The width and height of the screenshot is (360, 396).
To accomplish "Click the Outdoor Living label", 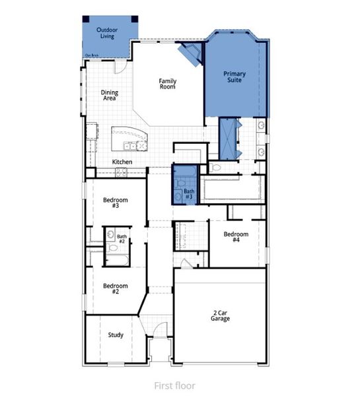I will point(106,33).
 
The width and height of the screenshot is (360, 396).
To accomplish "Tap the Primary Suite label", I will point(234,77).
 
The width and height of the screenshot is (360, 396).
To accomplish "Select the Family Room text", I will point(168,84).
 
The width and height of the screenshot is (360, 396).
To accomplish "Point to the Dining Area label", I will point(109,95).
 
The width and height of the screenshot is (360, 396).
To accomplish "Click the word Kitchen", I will point(122,162).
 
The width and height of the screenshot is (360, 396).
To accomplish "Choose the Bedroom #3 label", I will point(115,203).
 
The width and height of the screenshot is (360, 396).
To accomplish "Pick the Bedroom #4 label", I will point(236,237).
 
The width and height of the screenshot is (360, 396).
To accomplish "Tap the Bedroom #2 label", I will point(115,288).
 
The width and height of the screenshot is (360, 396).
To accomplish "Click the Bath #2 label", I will point(122,238).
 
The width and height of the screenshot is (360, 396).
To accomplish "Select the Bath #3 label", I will point(189,194).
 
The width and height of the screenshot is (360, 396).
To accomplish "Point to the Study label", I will point(116,335).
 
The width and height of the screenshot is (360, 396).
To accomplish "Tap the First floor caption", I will point(174,385).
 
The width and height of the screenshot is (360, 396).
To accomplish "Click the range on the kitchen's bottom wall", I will point(121,172).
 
